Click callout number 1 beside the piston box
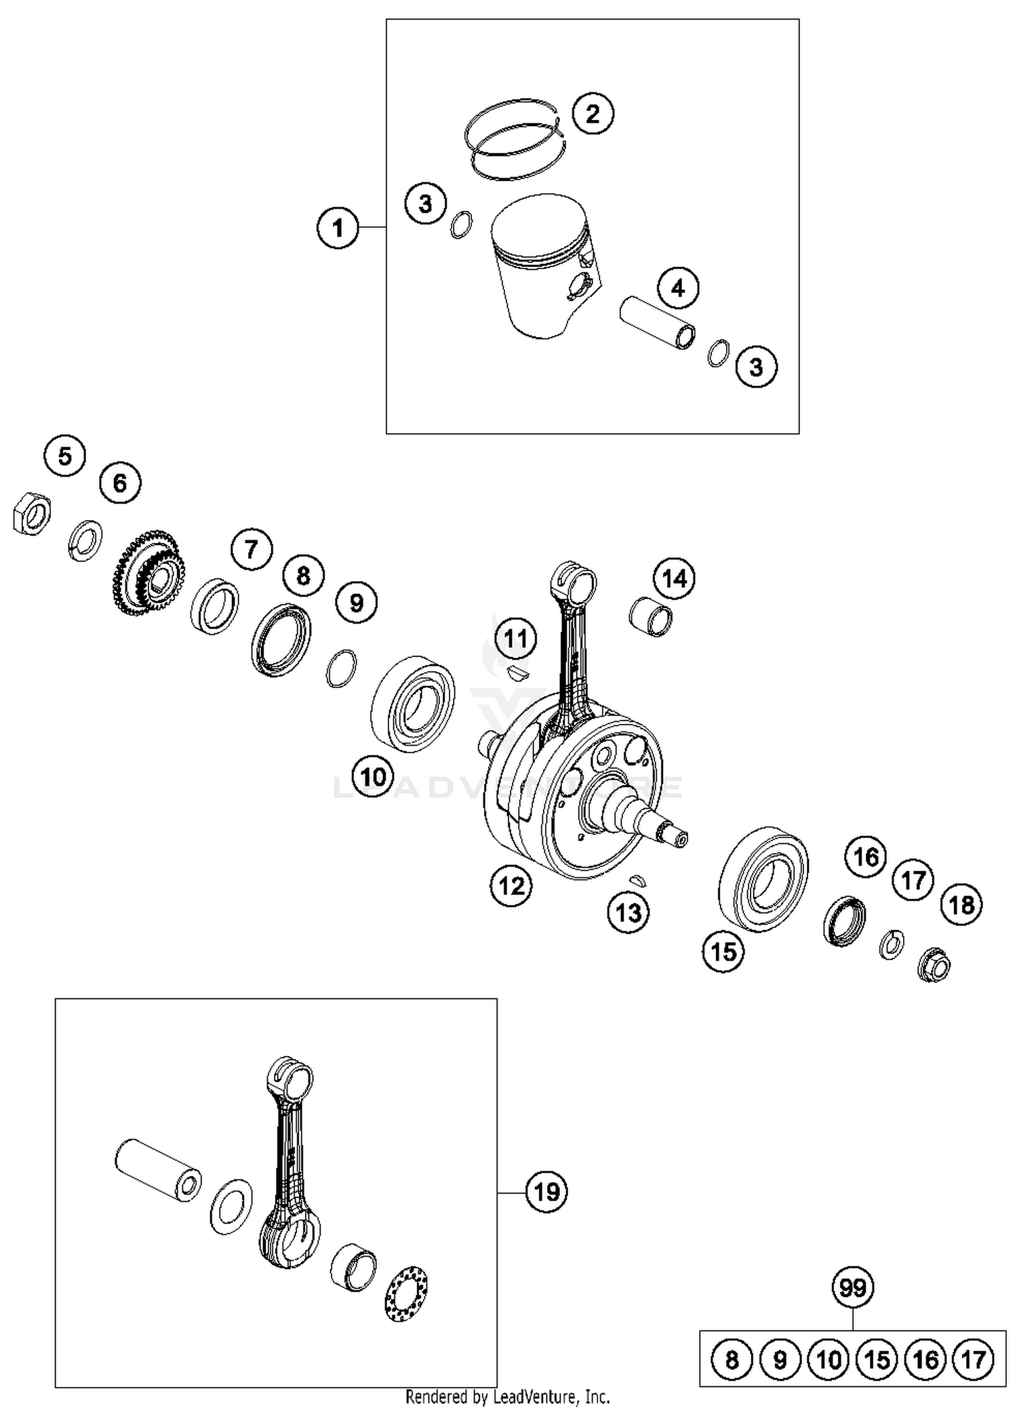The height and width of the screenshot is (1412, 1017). [x=338, y=228]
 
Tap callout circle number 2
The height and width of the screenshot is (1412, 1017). [x=592, y=113]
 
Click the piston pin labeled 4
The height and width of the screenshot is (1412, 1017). [x=658, y=323]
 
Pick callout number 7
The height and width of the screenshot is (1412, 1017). [x=252, y=548]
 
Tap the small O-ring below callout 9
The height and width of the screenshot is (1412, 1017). [x=341, y=668]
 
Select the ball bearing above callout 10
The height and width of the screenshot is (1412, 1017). [x=413, y=703]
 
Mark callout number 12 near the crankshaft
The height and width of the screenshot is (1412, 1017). [x=511, y=885]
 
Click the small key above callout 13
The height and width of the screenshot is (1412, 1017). [x=637, y=881]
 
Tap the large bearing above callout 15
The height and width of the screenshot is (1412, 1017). [x=763, y=876]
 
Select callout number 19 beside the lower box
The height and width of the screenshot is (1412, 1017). [x=546, y=1191]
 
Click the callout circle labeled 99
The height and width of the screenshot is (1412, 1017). [x=852, y=1287]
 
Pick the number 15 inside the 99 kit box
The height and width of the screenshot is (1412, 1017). [x=877, y=1359]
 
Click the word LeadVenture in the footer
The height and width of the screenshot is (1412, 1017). [x=531, y=1396]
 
